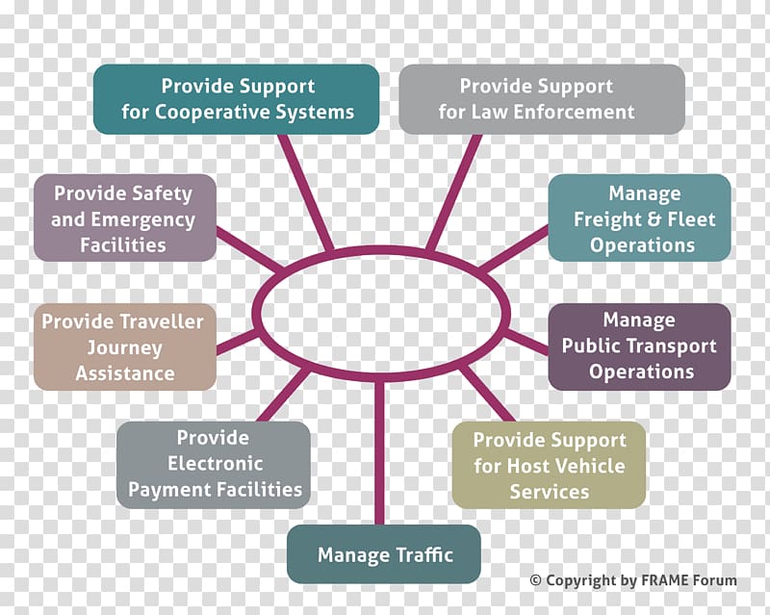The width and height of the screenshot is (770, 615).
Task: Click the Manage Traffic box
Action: pos(383,554)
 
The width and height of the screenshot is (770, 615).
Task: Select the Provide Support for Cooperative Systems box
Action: pos(236,99)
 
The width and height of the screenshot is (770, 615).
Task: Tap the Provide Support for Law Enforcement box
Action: pos(542,99)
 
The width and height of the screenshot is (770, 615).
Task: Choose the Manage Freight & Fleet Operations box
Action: pos(639,218)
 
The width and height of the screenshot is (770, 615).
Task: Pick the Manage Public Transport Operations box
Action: pos(639,346)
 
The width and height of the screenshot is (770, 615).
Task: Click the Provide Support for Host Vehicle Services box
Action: pos(549,465)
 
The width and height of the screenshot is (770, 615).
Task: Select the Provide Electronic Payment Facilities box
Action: pos(214,465)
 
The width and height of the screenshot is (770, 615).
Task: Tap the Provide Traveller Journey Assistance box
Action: pos(125,346)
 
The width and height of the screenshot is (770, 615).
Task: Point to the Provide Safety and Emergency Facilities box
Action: pos(125,218)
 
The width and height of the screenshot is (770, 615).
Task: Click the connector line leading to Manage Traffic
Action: pos(378,452)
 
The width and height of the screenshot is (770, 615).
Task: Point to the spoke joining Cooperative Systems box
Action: pos(306,192)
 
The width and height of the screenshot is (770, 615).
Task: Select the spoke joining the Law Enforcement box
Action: pos(453,192)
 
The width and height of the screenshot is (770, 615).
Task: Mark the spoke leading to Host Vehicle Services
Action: pos(487,393)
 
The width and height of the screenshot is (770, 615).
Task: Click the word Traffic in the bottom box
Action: pos(424,554)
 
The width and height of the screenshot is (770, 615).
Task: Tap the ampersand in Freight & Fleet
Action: pos(653,219)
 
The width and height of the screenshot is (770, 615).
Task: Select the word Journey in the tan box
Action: pos(125,348)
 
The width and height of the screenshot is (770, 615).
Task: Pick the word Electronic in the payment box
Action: pos(215,463)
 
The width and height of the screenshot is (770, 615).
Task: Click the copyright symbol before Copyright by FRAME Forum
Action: pos(535,580)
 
